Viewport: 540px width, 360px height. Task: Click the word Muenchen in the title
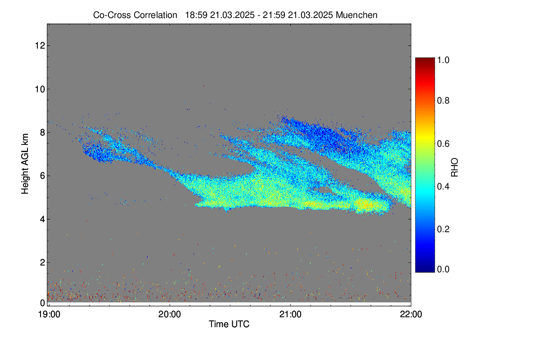pyautogui.click(x=356, y=15)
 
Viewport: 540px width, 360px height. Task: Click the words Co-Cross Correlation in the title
pyautogui.click(x=135, y=15)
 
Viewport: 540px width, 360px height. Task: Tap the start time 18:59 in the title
pyautogui.click(x=196, y=15)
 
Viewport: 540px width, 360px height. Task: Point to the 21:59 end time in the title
pyautogui.click(x=274, y=15)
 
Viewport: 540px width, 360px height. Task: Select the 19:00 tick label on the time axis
pyautogui.click(x=49, y=315)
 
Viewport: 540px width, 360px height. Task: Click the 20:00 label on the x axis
pyautogui.click(x=170, y=315)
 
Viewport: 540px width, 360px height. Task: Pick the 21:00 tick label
pyautogui.click(x=290, y=315)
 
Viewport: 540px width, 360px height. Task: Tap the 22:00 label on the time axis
pyautogui.click(x=411, y=315)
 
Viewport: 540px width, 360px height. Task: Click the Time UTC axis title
pyautogui.click(x=229, y=324)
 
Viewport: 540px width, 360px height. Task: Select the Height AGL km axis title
pyautogui.click(x=25, y=164)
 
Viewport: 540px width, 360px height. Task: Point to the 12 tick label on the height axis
pyautogui.click(x=40, y=45)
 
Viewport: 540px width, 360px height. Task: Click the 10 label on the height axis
pyautogui.click(x=40, y=89)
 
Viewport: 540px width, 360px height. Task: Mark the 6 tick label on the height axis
pyautogui.click(x=43, y=176)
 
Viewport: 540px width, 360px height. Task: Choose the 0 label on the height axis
pyautogui.click(x=43, y=303)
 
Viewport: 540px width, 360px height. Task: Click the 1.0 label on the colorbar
pyautogui.click(x=443, y=60)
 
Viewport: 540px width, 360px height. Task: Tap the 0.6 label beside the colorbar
pyautogui.click(x=443, y=144)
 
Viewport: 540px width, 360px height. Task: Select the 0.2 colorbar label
pyautogui.click(x=443, y=229)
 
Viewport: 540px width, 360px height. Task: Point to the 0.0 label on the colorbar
pyautogui.click(x=443, y=269)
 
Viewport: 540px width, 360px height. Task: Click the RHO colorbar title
pyautogui.click(x=454, y=167)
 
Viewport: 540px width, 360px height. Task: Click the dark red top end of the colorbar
pyautogui.click(x=425, y=59)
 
